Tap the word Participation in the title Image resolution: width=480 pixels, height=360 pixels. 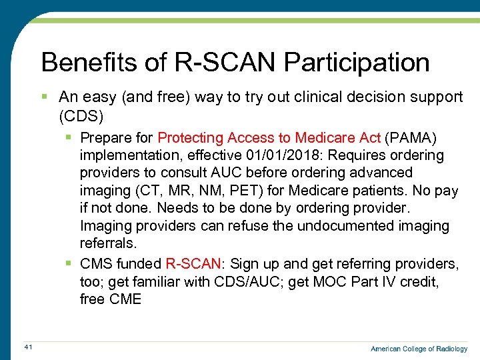pyautogui.click(x=357, y=63)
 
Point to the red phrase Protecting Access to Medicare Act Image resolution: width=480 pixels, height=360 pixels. pyautogui.click(x=269, y=137)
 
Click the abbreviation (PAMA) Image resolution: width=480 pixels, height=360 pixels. pyautogui.click(x=409, y=137)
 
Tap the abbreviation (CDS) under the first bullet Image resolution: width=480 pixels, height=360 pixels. pyautogui.click(x=81, y=116)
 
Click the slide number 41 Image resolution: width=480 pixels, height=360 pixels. pyautogui.click(x=27, y=347)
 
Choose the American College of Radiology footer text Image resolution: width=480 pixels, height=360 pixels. pyautogui.click(x=419, y=349)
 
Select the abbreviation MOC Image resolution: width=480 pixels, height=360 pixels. pyautogui.click(x=333, y=281)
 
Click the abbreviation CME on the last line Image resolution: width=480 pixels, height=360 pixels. pyautogui.click(x=125, y=299)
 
